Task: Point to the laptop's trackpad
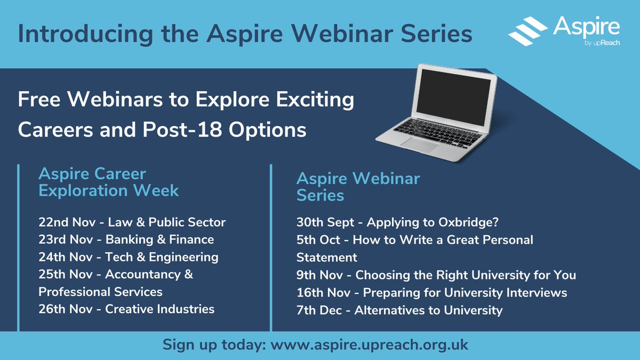(x=421, y=143)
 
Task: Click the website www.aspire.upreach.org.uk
(x=370, y=345)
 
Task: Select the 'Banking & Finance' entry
(x=159, y=239)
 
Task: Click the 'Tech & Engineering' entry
(x=162, y=257)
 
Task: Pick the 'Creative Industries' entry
(x=159, y=309)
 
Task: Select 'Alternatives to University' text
(x=428, y=310)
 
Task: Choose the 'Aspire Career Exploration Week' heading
(x=108, y=182)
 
